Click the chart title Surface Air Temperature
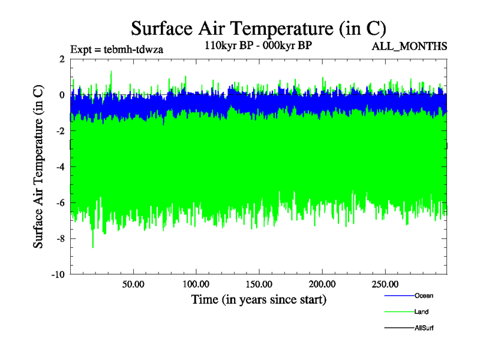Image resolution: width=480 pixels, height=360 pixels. [x=258, y=28]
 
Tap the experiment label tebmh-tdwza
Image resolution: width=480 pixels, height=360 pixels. [x=116, y=49]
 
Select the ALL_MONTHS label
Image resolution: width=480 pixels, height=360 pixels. [x=409, y=46]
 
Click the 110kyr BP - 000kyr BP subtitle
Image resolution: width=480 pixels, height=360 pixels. [x=258, y=45]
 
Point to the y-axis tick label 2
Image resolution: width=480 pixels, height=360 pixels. [x=62, y=59]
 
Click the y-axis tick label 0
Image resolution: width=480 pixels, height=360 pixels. [x=62, y=95]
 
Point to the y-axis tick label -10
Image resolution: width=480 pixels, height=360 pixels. [x=58, y=275]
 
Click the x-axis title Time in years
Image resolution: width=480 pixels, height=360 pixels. [x=259, y=299]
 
